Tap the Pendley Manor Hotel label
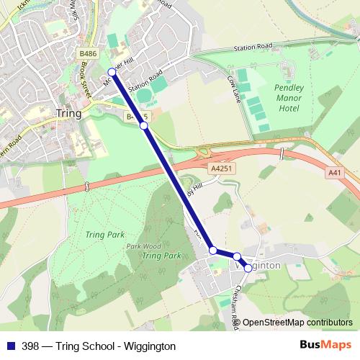click(x=289, y=98)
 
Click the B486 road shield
click(x=88, y=54)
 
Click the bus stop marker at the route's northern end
click(x=112, y=71)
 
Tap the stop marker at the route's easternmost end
click(x=248, y=268)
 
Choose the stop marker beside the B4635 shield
click(x=143, y=125)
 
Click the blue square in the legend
click(x=10, y=346)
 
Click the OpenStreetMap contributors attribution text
click(x=297, y=323)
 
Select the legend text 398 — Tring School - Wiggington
click(x=99, y=346)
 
